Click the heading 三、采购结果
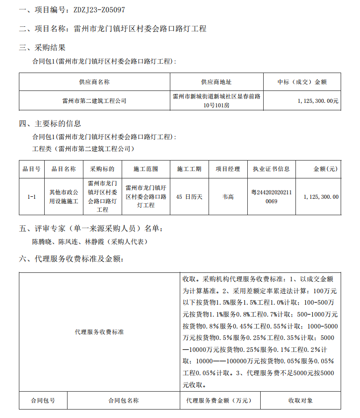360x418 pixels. coord(42,48)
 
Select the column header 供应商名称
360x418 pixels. coord(94,82)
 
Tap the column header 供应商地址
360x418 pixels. coord(216,82)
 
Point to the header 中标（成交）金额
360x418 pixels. coord(302,82)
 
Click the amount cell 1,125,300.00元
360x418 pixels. coord(318,100)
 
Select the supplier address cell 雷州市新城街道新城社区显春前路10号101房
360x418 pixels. coord(216,100)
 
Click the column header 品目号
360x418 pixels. coord(31,169)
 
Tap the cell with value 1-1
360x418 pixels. coord(31,197)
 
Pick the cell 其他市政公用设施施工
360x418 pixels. coord(64,197)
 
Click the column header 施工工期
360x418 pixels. coord(189,169)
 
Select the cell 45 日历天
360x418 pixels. coord(189,197)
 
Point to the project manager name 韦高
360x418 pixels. coord(228,197)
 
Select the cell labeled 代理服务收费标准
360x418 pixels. coord(99,332)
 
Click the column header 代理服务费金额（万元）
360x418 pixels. coord(218,401)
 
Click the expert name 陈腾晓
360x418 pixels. coord(42,242)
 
